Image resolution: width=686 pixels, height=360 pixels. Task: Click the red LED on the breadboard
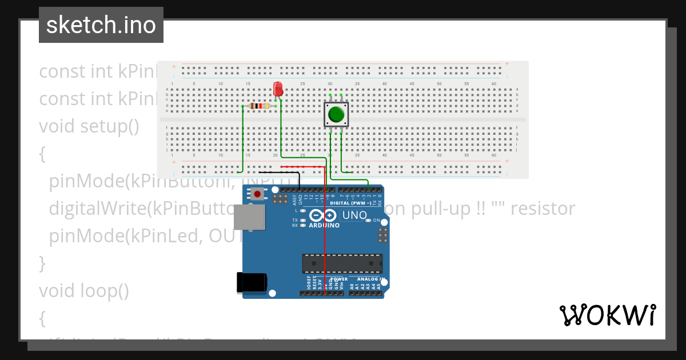(278, 89)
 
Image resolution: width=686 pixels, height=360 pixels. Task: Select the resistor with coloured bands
(260, 106)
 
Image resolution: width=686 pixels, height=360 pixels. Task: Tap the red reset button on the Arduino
(257, 194)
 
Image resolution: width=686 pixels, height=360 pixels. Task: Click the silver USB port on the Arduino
(249, 217)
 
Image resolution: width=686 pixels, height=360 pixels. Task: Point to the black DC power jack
(252, 282)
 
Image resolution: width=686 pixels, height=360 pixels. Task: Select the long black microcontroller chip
(342, 263)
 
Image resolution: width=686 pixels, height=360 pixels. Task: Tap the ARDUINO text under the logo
(324, 225)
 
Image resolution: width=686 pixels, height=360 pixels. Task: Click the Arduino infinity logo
(323, 215)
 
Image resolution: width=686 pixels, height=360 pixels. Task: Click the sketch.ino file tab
(101, 25)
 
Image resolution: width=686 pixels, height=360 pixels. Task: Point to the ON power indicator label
(377, 220)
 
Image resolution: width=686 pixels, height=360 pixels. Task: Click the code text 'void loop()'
(84, 291)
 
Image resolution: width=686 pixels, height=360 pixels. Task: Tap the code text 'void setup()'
(89, 126)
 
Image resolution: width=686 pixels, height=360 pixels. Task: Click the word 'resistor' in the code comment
(543, 209)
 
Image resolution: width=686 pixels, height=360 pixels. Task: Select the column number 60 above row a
(494, 83)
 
